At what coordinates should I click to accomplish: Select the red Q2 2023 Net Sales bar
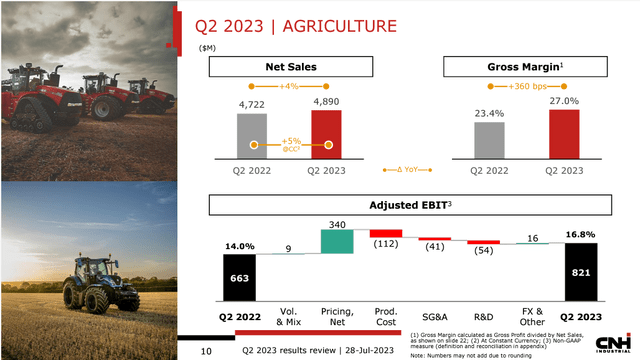point(326,134)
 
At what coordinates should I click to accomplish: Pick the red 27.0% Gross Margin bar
point(563,134)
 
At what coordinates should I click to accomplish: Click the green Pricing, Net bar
point(337,240)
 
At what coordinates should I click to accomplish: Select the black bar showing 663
point(239,277)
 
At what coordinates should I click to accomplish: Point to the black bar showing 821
point(581,271)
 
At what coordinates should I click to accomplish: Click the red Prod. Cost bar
point(385,233)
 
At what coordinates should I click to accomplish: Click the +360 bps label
point(526,88)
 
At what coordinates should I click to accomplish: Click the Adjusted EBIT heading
point(409,206)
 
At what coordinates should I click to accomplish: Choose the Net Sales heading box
point(290,67)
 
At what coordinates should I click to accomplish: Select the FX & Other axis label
point(533,317)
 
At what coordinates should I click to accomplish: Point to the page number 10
point(206,351)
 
